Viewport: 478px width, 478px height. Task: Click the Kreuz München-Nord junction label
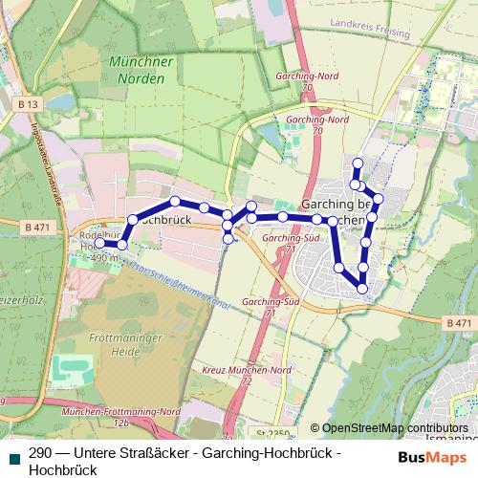pyautogui.click(x=247, y=373)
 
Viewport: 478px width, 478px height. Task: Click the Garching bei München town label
pyautogui.click(x=336, y=212)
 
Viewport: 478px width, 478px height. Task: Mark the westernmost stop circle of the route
pyautogui.click(x=99, y=245)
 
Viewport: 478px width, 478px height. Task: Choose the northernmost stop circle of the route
pyautogui.click(x=358, y=163)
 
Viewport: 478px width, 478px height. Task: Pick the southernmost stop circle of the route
pyautogui.click(x=362, y=288)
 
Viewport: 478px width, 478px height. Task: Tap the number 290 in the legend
pyautogui.click(x=41, y=452)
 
